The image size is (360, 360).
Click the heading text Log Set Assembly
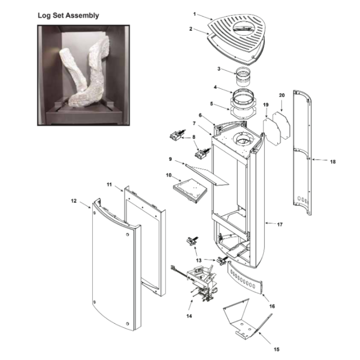click(x=68, y=15)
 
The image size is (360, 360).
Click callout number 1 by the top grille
click(x=194, y=14)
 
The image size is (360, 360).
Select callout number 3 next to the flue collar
click(x=219, y=69)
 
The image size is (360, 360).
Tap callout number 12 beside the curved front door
click(x=73, y=201)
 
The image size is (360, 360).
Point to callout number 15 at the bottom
click(x=276, y=349)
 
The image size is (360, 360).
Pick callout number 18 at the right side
click(x=333, y=162)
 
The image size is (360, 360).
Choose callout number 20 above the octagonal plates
click(x=282, y=95)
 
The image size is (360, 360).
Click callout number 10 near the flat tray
click(x=169, y=175)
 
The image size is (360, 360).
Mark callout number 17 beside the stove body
click(x=280, y=224)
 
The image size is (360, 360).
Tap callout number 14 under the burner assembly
click(x=189, y=316)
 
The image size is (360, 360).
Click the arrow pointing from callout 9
click(x=179, y=162)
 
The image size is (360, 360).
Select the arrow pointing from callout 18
click(x=320, y=159)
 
